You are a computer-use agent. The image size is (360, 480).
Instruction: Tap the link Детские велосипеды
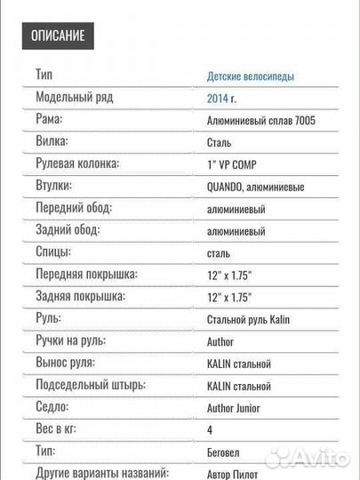point(251,76)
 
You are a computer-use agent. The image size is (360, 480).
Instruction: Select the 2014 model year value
point(218,99)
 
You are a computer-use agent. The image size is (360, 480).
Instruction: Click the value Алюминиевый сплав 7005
point(260,121)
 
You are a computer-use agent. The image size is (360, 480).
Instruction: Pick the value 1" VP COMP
point(235,164)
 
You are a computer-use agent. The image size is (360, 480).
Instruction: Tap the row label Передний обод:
point(75,208)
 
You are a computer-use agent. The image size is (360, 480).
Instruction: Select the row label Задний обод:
point(68,230)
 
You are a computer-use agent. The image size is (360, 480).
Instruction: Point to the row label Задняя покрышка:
point(81,296)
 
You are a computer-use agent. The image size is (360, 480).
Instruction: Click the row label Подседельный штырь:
point(91,385)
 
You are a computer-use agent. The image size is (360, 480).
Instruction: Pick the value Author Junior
point(236,408)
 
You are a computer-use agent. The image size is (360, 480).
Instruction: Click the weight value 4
point(210,430)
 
